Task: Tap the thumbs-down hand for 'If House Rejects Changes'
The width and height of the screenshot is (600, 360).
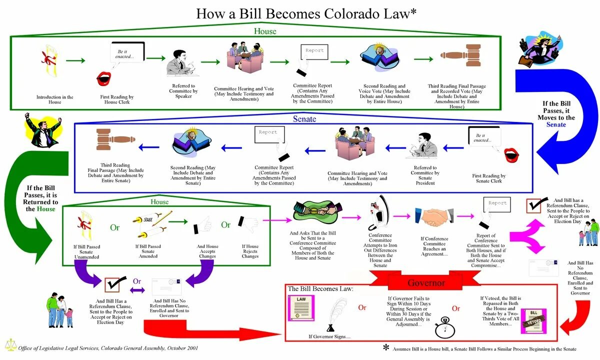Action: pos(247,224)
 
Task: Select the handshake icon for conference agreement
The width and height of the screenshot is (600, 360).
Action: pos(434,217)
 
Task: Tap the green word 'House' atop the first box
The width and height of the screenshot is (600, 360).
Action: pos(264,31)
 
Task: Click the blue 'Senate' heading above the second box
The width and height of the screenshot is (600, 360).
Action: pos(304,119)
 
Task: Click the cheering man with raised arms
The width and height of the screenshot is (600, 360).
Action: pos(44,129)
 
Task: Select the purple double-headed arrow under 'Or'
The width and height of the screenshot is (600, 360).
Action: pos(137,290)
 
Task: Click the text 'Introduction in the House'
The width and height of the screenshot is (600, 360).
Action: pos(55,99)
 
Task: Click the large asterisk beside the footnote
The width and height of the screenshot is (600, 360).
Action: pos(386,347)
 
